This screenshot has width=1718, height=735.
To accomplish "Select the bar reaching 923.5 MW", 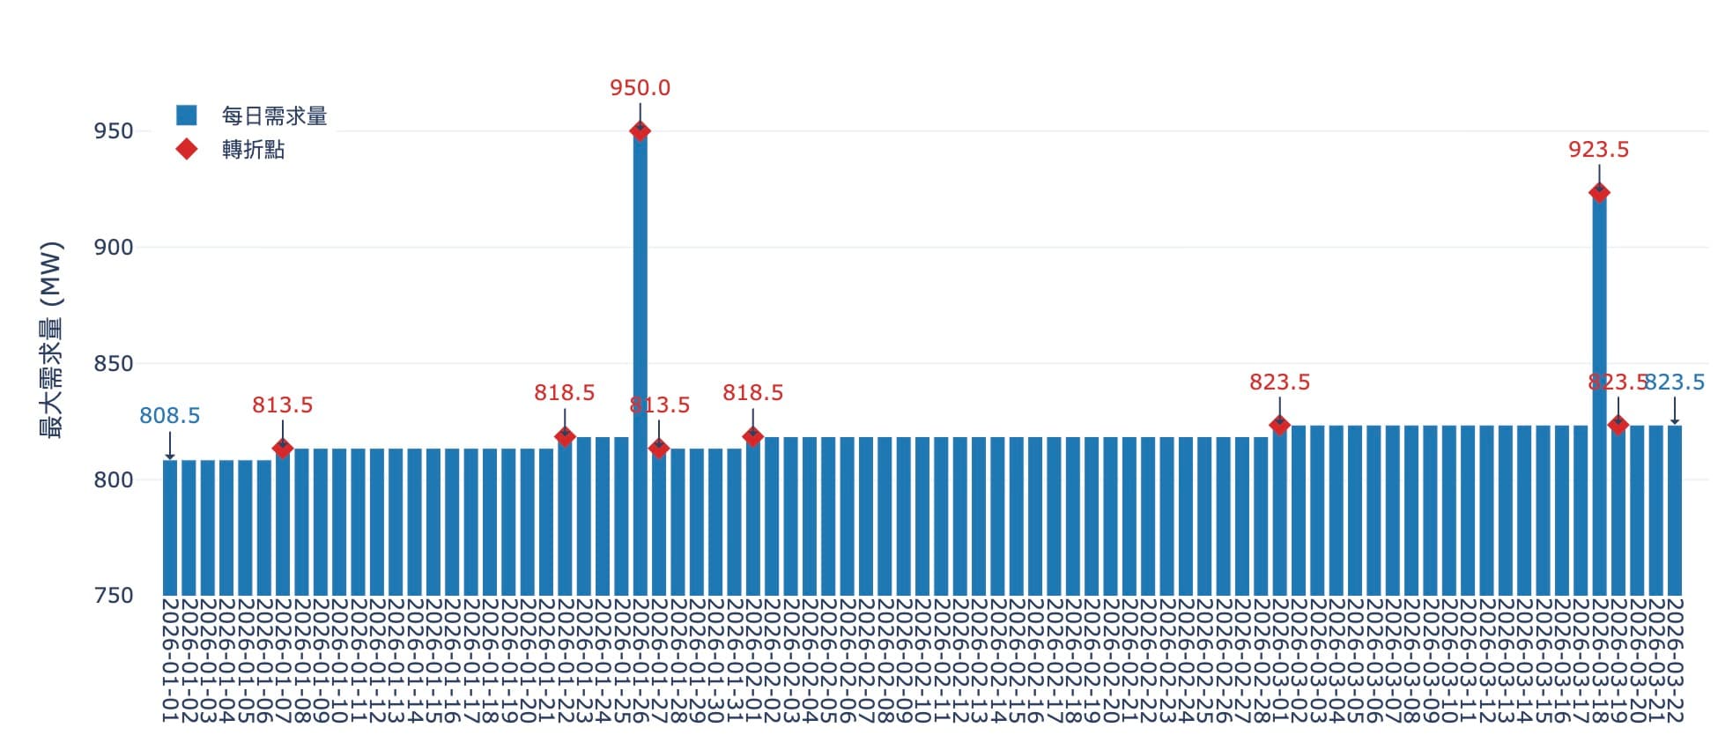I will (x=1599, y=397).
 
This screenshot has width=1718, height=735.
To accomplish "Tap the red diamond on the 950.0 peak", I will (x=641, y=131).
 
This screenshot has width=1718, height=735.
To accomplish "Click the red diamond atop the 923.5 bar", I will (x=1599, y=193).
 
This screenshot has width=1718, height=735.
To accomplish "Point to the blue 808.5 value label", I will (x=170, y=416).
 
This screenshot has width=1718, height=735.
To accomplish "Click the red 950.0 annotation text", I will (x=641, y=88).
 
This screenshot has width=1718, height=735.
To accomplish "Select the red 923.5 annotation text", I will (x=1599, y=150).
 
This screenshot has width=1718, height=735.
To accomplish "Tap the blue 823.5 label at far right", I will (x=1676, y=382).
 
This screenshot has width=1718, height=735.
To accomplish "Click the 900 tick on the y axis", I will (x=114, y=248).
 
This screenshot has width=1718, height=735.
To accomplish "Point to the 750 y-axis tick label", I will (x=114, y=596).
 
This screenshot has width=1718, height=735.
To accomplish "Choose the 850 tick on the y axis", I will (x=114, y=364).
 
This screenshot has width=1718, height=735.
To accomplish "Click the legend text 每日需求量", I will (x=274, y=116).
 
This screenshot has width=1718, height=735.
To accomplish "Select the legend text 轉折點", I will (x=254, y=150).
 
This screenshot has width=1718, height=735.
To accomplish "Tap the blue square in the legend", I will (x=187, y=115).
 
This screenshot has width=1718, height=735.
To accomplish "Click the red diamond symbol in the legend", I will (x=187, y=149).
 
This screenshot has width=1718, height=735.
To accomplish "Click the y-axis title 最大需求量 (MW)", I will (x=52, y=340).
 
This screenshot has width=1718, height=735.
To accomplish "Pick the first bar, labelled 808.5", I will (x=170, y=529).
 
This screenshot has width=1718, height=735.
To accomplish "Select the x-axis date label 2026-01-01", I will (x=170, y=661).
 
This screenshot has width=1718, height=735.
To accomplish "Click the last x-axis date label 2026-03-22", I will (x=1675, y=661).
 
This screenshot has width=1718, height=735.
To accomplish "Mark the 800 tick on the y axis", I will (x=114, y=480).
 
